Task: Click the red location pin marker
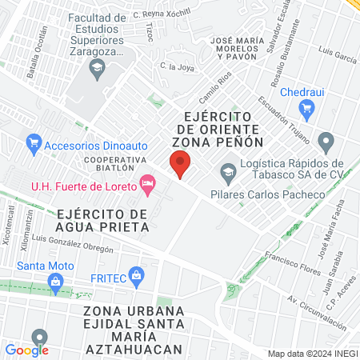point(181,165)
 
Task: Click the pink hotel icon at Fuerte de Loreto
point(146,186)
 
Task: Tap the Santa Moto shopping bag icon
point(55,281)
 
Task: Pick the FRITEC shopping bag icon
point(137,276)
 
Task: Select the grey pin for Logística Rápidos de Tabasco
point(325,142)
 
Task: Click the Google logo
point(27,350)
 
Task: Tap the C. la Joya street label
point(177,67)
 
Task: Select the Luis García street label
point(336,57)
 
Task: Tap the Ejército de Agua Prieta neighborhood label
point(103,220)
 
